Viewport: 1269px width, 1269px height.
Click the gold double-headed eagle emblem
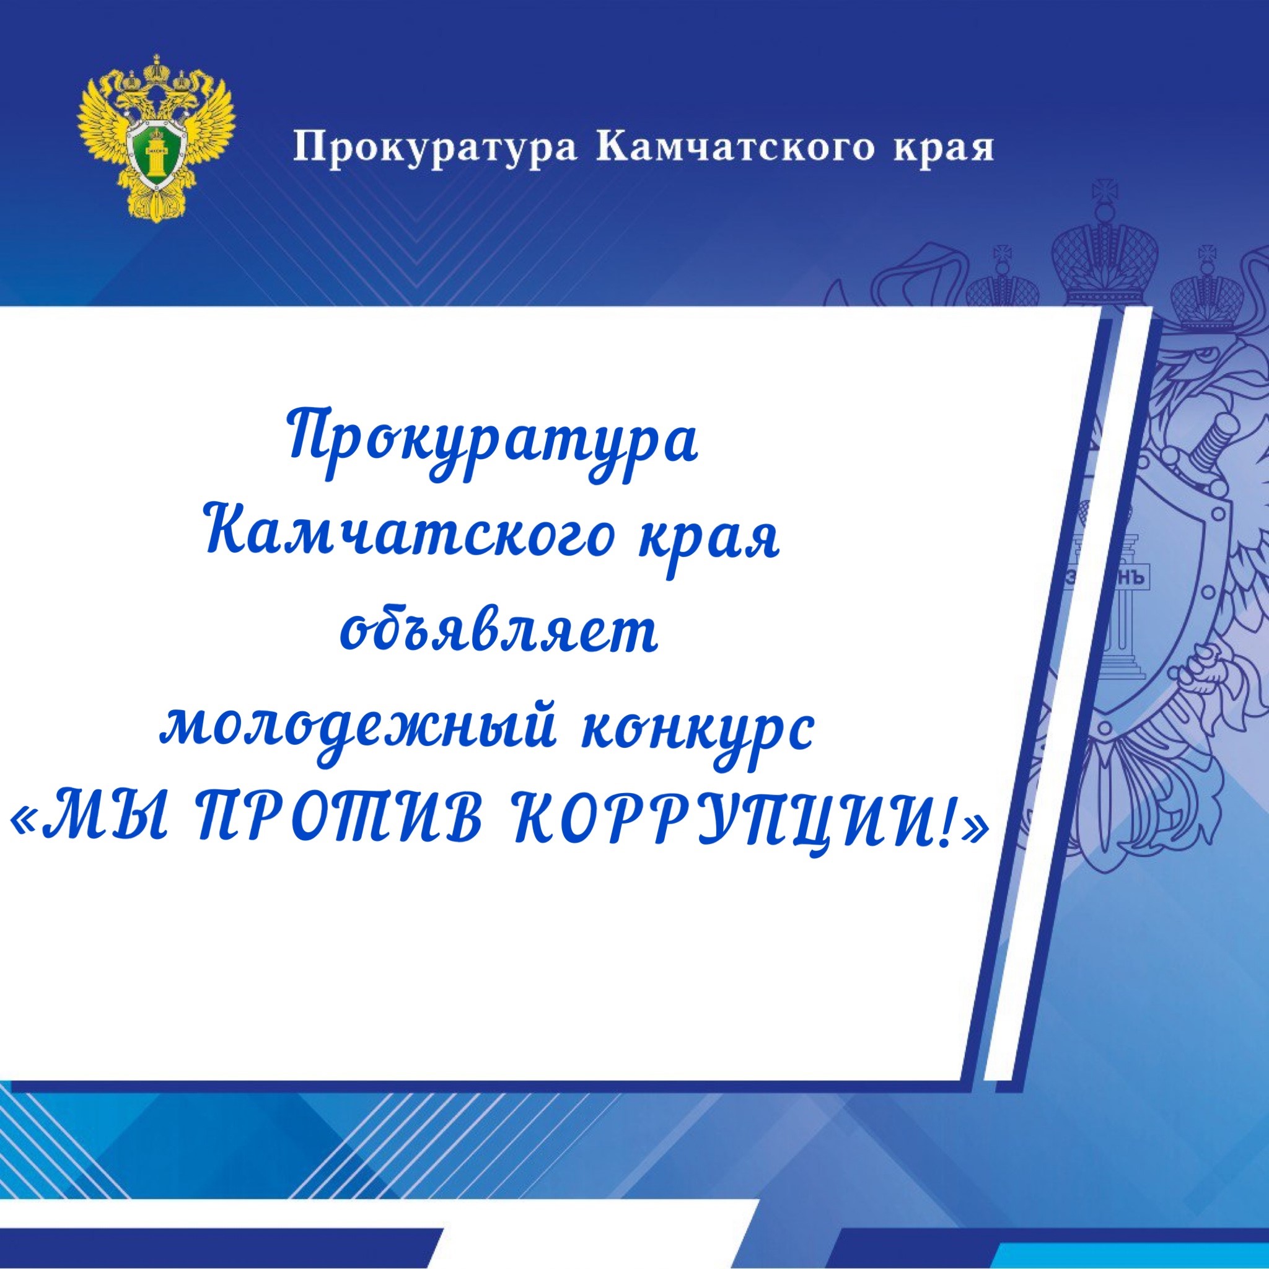click(x=156, y=139)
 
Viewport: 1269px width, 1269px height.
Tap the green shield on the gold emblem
click(x=156, y=152)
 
